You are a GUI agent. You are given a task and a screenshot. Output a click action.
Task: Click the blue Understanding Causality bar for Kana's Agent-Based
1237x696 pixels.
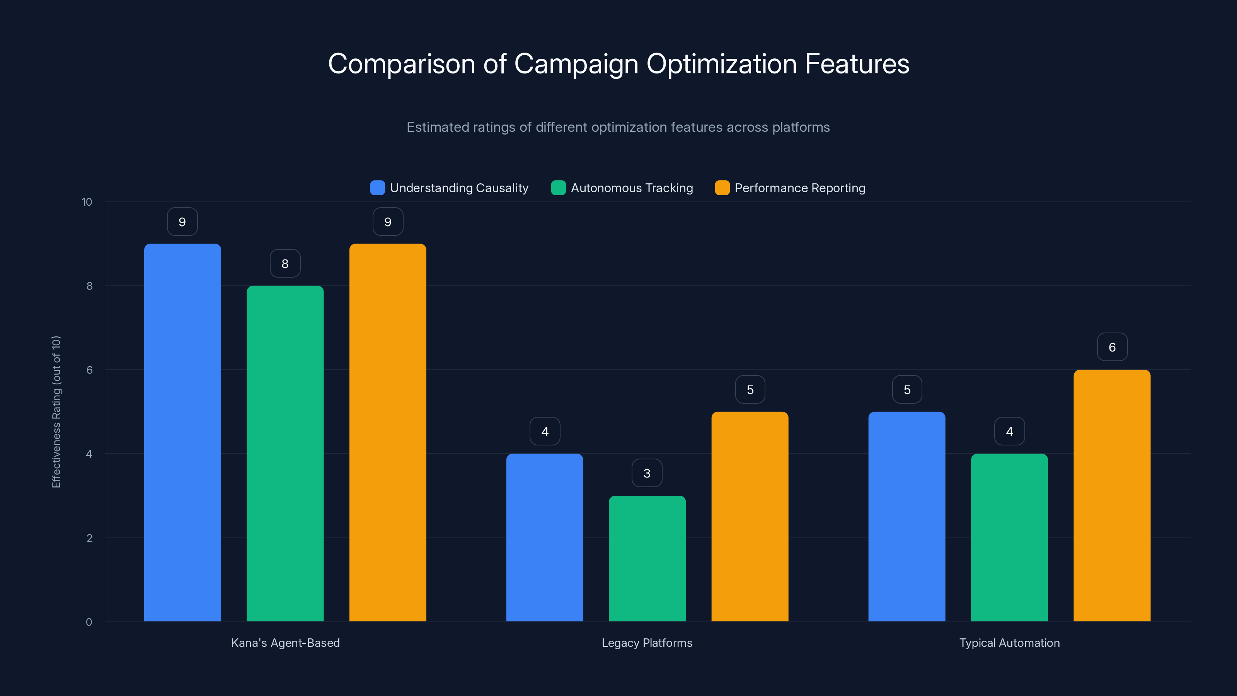182,432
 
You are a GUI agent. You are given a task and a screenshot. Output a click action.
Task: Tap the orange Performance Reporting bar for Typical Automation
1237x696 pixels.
1112,495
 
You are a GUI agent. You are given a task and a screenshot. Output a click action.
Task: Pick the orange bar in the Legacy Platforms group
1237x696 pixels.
750,516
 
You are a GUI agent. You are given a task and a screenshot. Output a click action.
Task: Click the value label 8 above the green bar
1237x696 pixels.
285,263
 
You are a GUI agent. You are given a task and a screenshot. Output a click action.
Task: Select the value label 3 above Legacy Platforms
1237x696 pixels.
647,473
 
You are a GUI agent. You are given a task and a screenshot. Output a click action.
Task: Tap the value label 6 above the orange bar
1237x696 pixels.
1112,347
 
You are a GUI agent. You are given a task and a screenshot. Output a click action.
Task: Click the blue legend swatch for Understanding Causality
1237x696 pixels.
377,188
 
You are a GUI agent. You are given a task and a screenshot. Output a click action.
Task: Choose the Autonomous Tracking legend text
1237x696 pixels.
632,188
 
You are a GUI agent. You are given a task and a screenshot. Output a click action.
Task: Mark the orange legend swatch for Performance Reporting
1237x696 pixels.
722,188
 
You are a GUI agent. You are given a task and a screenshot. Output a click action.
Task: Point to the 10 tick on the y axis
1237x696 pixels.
87,202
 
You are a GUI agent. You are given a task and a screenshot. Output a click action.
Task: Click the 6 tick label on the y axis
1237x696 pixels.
89,370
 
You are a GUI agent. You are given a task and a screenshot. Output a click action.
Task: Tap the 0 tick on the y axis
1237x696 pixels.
89,622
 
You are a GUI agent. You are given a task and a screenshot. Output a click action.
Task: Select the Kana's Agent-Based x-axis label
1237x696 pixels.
285,643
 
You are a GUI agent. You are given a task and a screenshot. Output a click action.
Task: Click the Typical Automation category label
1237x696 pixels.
1009,643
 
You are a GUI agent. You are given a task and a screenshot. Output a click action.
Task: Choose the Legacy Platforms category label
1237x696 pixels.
647,643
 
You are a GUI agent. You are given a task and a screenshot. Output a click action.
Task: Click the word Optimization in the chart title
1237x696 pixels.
721,64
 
